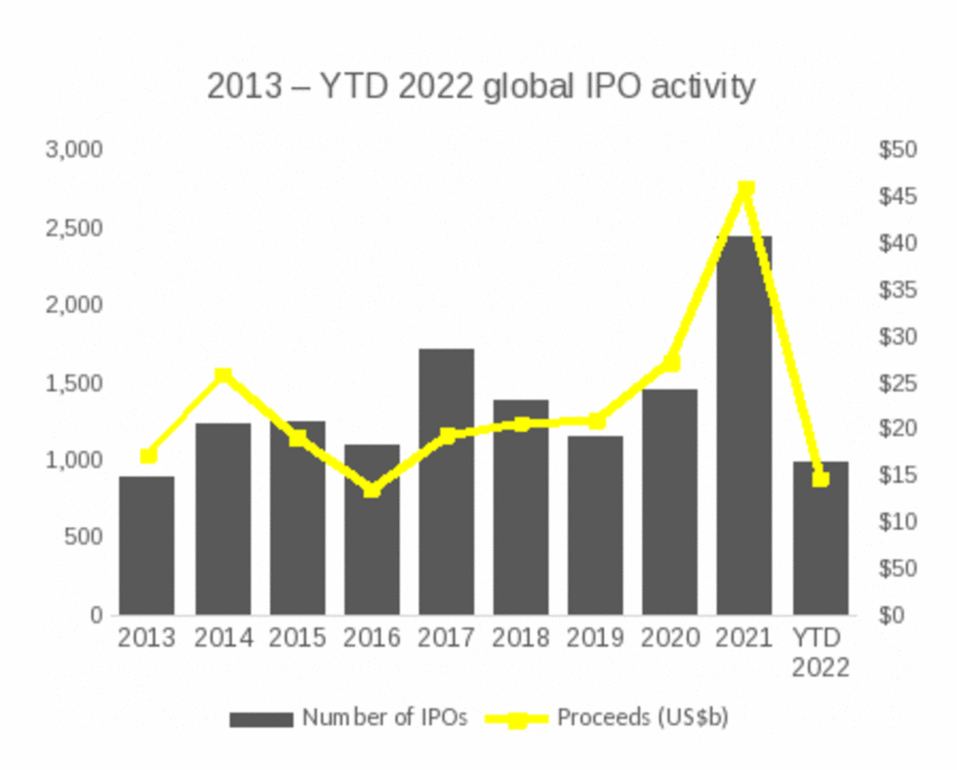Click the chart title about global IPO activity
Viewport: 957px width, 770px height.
[x=481, y=86]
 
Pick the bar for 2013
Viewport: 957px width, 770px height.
[x=147, y=545]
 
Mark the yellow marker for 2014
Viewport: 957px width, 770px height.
[x=223, y=375]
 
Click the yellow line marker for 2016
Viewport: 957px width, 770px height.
[x=372, y=489]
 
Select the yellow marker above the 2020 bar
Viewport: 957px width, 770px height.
[x=671, y=363]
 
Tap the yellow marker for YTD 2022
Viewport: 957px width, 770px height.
[x=820, y=478]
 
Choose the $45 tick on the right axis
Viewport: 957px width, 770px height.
[x=897, y=196]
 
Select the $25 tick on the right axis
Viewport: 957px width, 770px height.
[x=897, y=383]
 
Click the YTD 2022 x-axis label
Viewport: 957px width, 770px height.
[x=820, y=652]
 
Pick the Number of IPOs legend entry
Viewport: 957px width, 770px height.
[x=349, y=717]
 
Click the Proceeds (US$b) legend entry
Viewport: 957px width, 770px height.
[x=612, y=717]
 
